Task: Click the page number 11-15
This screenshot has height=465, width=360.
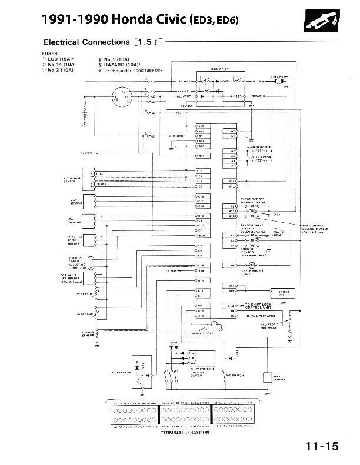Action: pos(322,446)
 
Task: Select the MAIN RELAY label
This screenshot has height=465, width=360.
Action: pos(220,69)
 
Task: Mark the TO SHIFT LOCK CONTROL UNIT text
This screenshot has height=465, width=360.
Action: pos(259,306)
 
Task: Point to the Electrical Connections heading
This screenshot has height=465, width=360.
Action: pos(86,42)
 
